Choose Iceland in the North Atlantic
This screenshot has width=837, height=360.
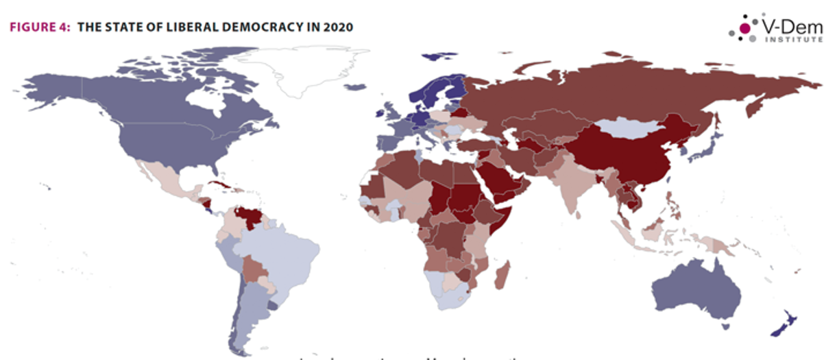pos(355,86)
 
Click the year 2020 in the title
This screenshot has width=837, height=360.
pos(339,27)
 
